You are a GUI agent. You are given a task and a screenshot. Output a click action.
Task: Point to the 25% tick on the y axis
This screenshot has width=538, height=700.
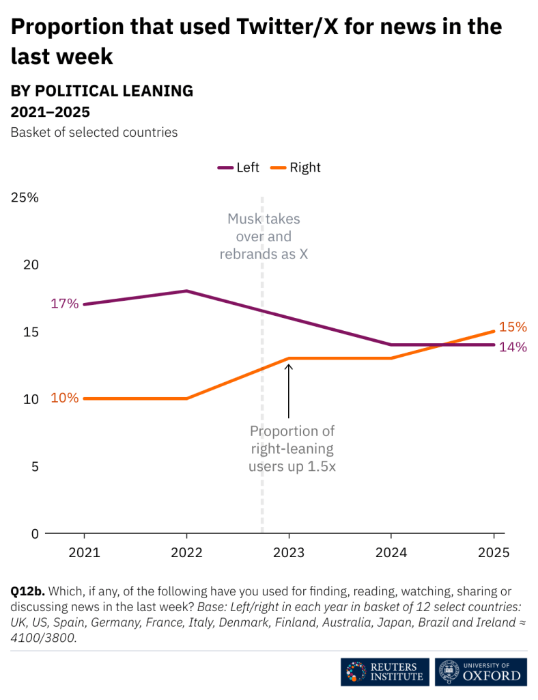click(25, 198)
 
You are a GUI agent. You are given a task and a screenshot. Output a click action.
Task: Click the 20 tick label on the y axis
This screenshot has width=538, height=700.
click(25, 265)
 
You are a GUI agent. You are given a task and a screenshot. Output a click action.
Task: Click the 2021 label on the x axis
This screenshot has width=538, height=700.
click(84, 552)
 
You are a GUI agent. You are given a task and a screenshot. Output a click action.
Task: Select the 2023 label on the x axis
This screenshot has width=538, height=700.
click(289, 552)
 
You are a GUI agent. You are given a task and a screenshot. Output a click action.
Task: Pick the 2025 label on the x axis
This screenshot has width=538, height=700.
click(494, 552)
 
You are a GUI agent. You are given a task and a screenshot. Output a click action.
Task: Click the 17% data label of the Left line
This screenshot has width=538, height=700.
click(65, 304)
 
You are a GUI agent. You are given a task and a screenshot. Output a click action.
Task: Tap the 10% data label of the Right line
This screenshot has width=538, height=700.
click(65, 398)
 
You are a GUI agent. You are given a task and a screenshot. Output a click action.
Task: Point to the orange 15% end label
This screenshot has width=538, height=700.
click(513, 327)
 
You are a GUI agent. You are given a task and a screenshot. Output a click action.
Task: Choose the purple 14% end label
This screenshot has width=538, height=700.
click(513, 347)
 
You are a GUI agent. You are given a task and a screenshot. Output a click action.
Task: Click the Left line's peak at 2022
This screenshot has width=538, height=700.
click(186, 291)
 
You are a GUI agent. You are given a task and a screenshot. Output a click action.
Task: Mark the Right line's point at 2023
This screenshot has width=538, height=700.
click(289, 358)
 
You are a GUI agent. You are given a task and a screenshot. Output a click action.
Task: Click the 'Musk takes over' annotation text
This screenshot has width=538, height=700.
click(264, 237)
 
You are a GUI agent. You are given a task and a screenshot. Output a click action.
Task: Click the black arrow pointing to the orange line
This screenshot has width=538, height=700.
click(289, 390)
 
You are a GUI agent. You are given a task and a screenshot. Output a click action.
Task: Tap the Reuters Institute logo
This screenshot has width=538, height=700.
click(385, 672)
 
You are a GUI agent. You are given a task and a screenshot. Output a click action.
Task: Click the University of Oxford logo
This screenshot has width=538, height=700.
click(482, 672)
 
